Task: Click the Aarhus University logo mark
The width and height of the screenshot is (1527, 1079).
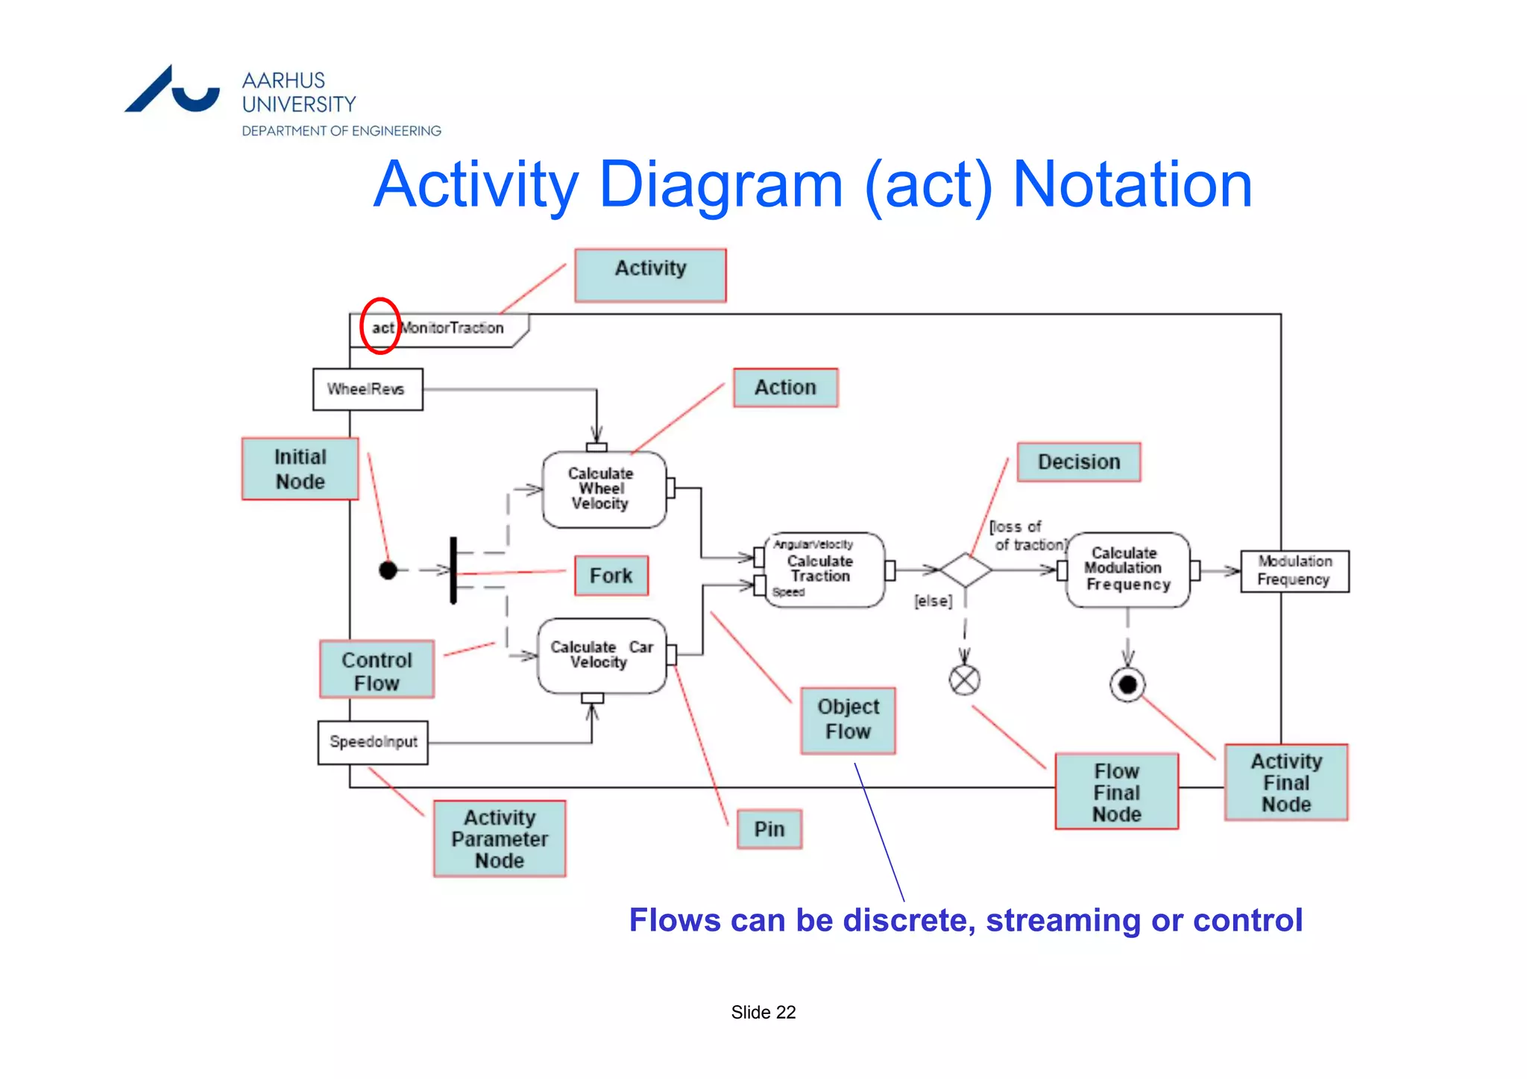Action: click(x=171, y=90)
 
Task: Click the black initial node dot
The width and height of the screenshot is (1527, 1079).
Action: click(x=388, y=570)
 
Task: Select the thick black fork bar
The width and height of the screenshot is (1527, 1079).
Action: click(x=453, y=570)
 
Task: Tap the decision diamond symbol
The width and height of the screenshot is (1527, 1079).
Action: click(x=965, y=570)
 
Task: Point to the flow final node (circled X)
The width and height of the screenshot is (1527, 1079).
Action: click(x=964, y=680)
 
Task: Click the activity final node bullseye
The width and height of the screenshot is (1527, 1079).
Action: click(x=1127, y=685)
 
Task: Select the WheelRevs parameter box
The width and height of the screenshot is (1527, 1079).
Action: click(x=368, y=389)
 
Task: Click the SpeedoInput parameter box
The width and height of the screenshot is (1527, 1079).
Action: click(x=373, y=742)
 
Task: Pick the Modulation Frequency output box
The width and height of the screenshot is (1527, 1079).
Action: click(x=1294, y=571)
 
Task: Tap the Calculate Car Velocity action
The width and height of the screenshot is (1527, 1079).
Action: click(x=601, y=655)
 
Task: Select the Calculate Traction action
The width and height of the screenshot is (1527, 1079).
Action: click(x=823, y=570)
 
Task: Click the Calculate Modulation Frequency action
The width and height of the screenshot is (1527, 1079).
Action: click(x=1127, y=570)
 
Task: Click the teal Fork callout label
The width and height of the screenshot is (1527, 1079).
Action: click(x=611, y=576)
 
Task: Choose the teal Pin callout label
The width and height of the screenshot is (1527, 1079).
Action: click(x=769, y=829)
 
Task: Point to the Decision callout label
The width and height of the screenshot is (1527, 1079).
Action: click(x=1078, y=462)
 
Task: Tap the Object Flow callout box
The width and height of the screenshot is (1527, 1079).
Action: click(x=848, y=720)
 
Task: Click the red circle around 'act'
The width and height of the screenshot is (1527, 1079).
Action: click(x=380, y=326)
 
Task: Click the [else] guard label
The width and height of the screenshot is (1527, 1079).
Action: click(x=933, y=601)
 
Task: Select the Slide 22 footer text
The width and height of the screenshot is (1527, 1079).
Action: click(x=763, y=1012)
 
